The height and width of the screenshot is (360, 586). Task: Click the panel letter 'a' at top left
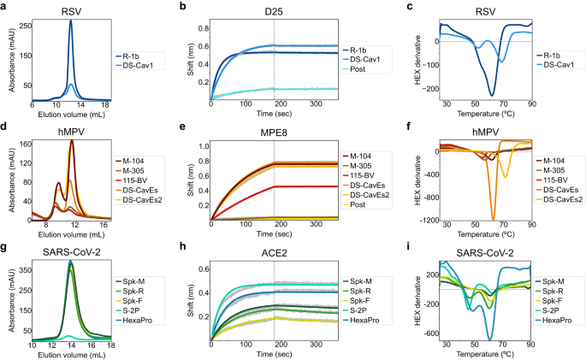pyautogui.click(x=5, y=7)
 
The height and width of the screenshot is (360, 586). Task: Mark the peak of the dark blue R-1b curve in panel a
pyautogui.click(x=70, y=22)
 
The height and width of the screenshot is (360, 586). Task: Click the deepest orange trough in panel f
pyautogui.click(x=493, y=218)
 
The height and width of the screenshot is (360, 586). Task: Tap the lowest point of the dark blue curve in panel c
pyautogui.click(x=492, y=94)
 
